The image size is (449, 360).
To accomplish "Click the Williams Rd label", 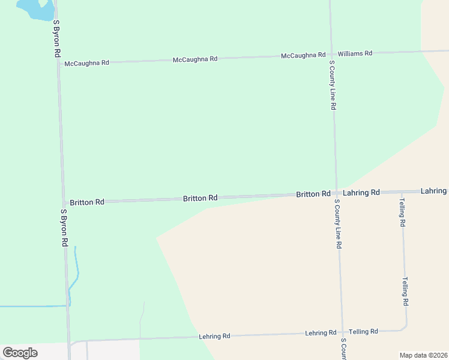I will click(355, 53).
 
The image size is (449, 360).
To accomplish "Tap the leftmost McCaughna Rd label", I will click(86, 62).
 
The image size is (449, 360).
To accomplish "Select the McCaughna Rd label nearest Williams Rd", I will click(303, 55).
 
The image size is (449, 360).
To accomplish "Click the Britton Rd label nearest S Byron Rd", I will click(87, 202).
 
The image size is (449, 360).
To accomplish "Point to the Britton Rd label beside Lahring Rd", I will click(313, 194).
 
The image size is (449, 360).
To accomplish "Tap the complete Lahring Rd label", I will click(362, 193).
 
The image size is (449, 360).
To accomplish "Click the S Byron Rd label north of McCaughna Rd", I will click(57, 38).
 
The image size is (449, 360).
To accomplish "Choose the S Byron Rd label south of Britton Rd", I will click(64, 229).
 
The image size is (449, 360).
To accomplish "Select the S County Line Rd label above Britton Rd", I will click(332, 85).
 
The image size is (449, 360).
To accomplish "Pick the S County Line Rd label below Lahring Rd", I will click(339, 224).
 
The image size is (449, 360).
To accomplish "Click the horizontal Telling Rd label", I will click(363, 331).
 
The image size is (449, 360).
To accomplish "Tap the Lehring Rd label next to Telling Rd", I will click(321, 332).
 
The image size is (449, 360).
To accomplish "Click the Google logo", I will click(20, 353).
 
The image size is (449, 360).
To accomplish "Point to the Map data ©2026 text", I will click(423, 355).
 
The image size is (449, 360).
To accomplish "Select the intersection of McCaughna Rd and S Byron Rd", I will click(58, 62).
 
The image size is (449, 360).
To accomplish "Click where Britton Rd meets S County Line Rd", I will click(336, 193).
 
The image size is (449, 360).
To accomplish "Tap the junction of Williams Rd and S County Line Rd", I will click(331, 55).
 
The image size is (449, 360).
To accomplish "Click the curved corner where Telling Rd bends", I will click(405, 328).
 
